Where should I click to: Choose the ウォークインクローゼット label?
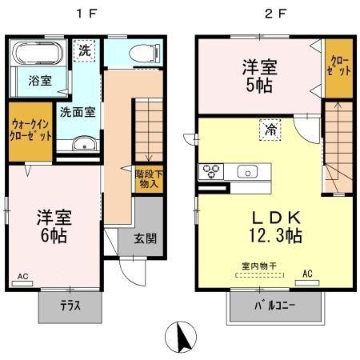click(x=31, y=130)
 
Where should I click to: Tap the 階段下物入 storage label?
click(x=147, y=178)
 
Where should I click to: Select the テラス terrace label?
click(x=70, y=305)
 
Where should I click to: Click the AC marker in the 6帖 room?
click(x=22, y=278)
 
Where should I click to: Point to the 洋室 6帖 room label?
click(x=52, y=226)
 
